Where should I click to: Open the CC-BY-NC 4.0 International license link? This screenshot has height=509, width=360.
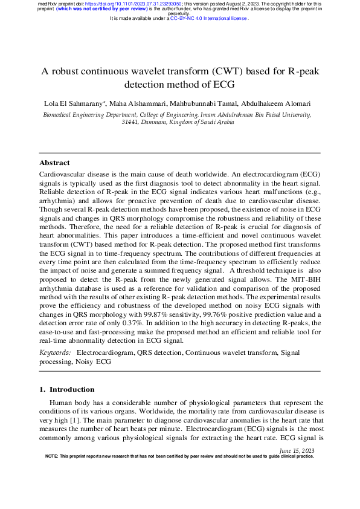208,19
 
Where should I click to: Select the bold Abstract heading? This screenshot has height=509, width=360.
54,163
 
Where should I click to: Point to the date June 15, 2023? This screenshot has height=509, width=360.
297,451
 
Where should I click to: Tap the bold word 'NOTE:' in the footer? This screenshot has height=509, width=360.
52,456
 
